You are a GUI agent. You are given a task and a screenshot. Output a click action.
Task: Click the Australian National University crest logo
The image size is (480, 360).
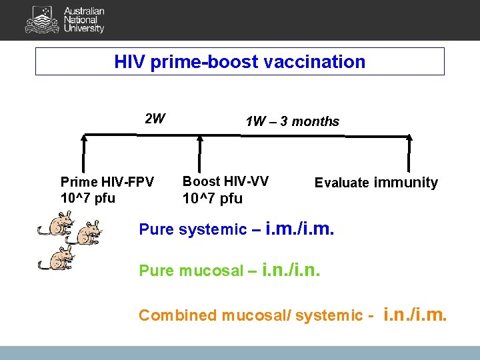[x=41, y=20]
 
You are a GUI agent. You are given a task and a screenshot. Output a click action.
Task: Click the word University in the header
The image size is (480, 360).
[x=84, y=29]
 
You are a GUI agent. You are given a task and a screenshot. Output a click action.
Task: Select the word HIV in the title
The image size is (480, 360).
[x=130, y=62]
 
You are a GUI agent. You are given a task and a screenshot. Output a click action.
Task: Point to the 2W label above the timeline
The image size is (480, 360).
[x=155, y=119]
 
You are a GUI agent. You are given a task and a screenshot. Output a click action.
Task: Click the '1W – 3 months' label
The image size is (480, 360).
[x=292, y=121]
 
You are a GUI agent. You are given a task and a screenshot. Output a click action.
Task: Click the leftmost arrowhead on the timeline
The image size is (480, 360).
[x=84, y=139]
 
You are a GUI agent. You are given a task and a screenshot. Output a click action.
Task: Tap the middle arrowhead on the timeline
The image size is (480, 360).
[x=200, y=139]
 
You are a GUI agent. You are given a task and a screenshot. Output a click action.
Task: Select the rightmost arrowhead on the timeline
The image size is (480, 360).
[x=409, y=139]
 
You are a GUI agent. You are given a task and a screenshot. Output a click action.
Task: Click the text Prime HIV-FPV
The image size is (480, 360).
[x=107, y=182]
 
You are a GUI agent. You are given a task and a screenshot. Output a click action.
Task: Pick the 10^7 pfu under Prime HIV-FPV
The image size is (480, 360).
[x=87, y=198]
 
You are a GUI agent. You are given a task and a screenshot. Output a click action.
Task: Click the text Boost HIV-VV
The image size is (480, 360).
[x=225, y=181]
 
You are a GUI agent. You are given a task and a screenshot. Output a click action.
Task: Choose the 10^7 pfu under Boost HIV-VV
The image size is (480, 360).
[x=213, y=199]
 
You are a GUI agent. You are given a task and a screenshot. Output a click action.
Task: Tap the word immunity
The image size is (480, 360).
[x=405, y=182]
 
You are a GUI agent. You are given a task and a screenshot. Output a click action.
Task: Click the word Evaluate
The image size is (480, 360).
[x=341, y=183]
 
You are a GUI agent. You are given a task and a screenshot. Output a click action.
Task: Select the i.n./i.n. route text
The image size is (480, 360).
[x=291, y=270]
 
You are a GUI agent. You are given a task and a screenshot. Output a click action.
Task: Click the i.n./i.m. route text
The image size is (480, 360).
[x=416, y=314]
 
